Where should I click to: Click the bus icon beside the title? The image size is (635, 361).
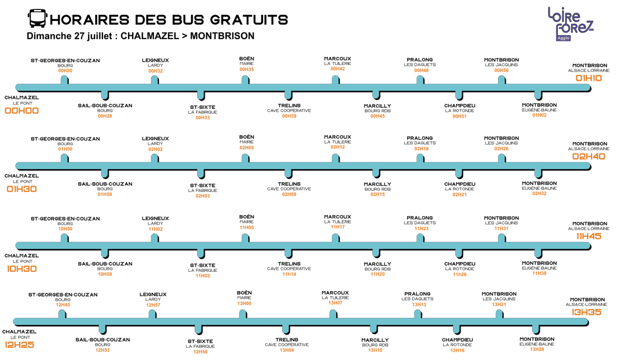(x=37, y=19)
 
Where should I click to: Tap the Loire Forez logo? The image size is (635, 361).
(x=570, y=24)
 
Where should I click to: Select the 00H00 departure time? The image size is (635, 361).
(x=22, y=111)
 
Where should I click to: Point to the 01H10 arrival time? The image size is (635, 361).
(x=589, y=78)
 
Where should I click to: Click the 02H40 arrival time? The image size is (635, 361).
(x=589, y=156)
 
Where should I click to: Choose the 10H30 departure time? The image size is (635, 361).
(x=22, y=269)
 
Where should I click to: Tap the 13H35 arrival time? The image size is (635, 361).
(x=587, y=313)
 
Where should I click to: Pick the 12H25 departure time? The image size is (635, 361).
(x=19, y=345)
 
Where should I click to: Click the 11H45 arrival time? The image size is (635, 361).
(x=589, y=236)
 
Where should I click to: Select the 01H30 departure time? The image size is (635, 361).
(x=22, y=189)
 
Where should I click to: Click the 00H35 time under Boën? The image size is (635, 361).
(x=247, y=69)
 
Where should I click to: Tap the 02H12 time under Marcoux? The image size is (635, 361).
(x=338, y=147)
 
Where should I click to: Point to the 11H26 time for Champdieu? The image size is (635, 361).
(x=459, y=274)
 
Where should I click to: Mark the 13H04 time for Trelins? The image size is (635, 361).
(x=287, y=350)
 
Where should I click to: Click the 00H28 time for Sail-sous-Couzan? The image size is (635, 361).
(x=105, y=116)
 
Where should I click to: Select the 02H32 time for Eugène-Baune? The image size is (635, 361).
(x=539, y=194)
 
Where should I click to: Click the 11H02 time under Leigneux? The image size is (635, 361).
(x=156, y=229)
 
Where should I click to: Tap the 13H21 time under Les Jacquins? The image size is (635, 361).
(x=499, y=305)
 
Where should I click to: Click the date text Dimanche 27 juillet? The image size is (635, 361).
(x=69, y=36)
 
